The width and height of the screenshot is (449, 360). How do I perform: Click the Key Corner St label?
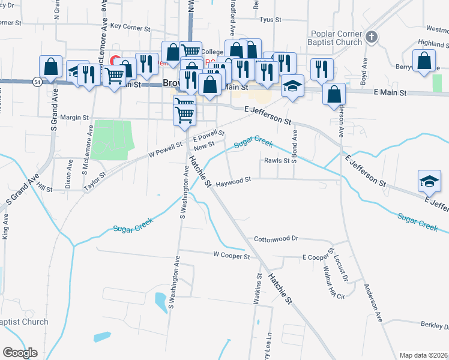(x=130, y=27)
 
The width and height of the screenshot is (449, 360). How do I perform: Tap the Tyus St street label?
(x=270, y=20)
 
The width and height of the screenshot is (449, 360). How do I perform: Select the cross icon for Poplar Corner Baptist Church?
(x=371, y=38)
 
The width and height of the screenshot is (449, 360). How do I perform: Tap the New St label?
(x=204, y=145)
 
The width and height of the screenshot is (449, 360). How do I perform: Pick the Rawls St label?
(x=277, y=161)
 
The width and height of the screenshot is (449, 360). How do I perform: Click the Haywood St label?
(x=233, y=180)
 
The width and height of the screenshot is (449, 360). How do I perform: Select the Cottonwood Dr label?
(x=276, y=238)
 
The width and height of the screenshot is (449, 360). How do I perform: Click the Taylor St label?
(x=94, y=181)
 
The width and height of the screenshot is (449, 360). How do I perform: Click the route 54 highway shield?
(x=37, y=82)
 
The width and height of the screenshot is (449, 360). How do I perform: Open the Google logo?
(x=20, y=353)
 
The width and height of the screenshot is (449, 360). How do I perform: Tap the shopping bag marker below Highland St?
(x=424, y=61)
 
